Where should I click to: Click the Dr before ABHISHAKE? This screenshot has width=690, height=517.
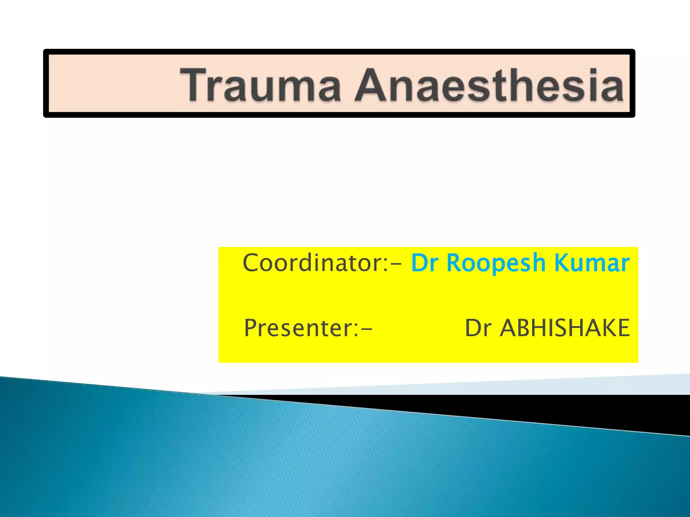(x=478, y=328)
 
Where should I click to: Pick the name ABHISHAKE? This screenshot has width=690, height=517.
(x=565, y=328)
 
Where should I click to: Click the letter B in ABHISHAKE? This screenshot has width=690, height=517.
(x=523, y=328)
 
